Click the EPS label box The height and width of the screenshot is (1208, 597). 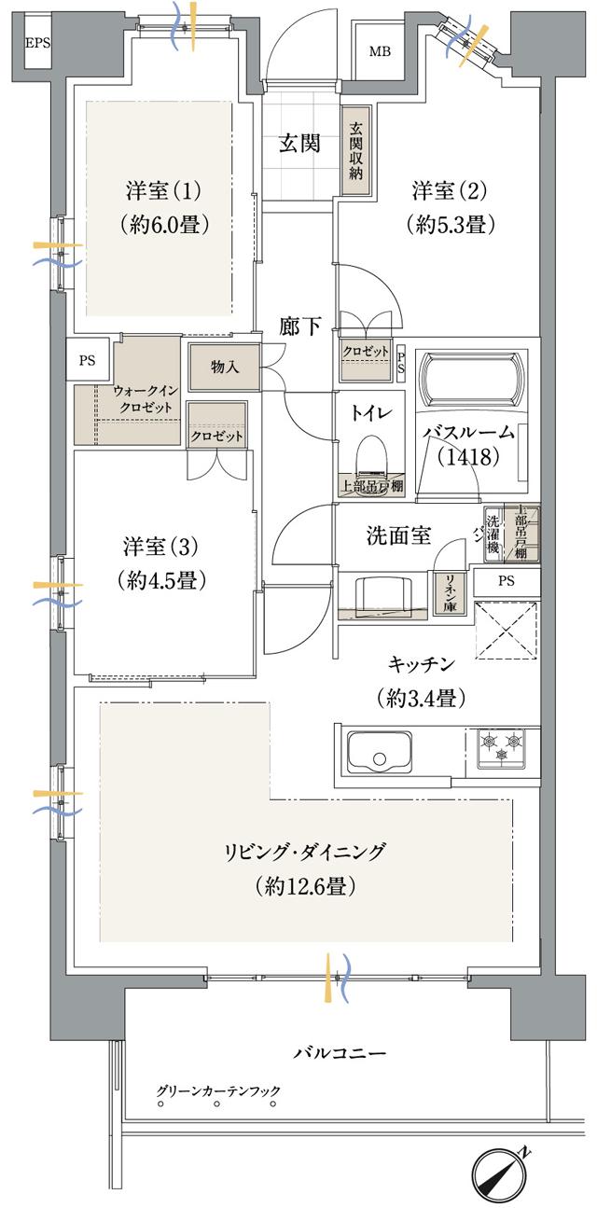click(x=38, y=43)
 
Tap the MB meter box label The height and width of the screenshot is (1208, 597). click(x=380, y=50)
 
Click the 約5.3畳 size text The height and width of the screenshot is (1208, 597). click(x=450, y=225)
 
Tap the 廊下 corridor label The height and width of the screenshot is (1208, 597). click(x=300, y=326)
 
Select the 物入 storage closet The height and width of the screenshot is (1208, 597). click(x=225, y=367)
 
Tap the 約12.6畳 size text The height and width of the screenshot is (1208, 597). click(x=304, y=887)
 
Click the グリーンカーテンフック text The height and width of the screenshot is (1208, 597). click(x=218, y=1090)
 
